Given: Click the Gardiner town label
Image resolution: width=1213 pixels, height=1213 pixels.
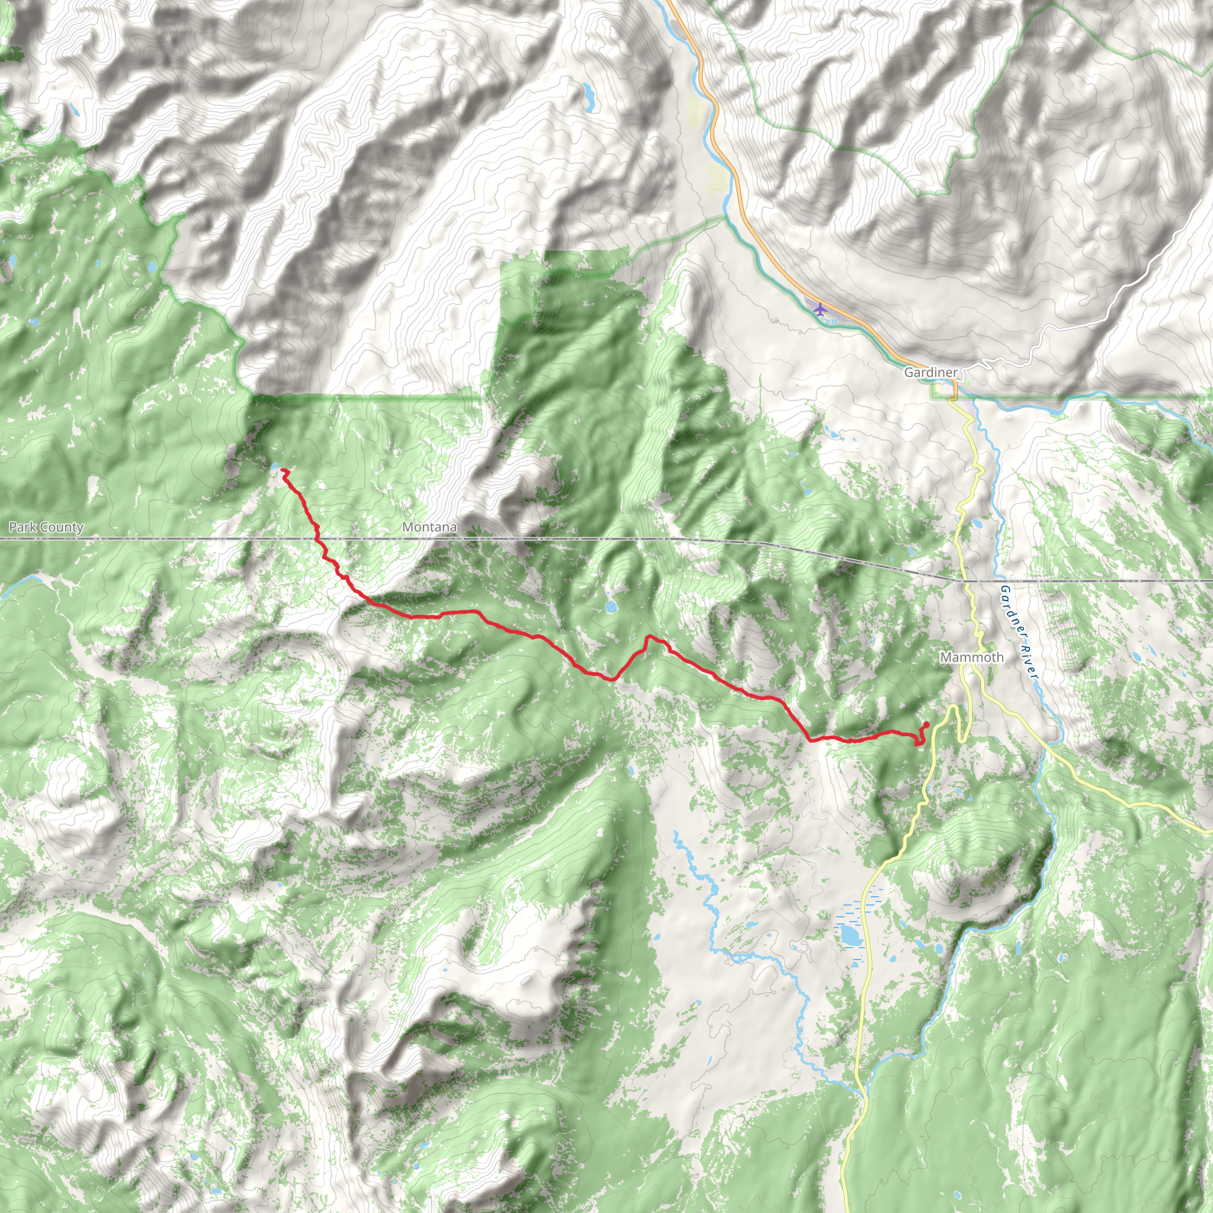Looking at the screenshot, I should coord(930,373).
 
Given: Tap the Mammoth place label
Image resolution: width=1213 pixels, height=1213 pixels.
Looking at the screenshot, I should coord(971,657).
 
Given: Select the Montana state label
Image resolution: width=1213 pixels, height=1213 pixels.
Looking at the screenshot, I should coord(429,527).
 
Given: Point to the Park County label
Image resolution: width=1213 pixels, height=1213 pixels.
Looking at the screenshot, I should coord(46,527).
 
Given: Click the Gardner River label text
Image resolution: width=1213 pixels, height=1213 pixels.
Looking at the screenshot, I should coord(1018,631).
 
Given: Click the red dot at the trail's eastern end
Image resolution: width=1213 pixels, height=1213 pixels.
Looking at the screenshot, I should coord(926,725).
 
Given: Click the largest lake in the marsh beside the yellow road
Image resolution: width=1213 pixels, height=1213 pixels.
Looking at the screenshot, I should coord(850,934).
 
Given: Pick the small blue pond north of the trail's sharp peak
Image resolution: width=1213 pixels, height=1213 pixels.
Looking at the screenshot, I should coord(610,606).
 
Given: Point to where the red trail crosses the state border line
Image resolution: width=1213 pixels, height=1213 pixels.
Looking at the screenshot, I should coord(316,539).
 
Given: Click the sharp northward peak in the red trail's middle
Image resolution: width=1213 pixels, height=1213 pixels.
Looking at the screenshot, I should coord(648,637).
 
